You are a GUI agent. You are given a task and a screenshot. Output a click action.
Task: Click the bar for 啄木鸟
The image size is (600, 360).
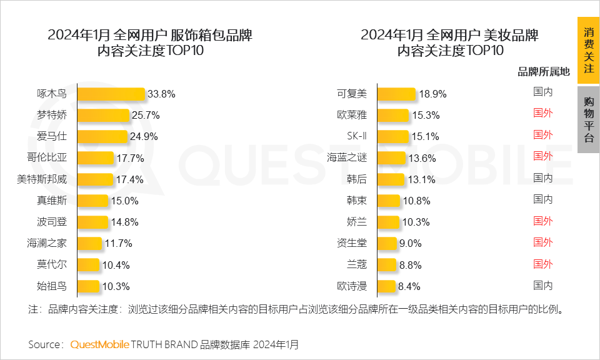[111, 94]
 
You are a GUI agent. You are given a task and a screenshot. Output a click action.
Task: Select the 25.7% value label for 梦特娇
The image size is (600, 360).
[146, 116]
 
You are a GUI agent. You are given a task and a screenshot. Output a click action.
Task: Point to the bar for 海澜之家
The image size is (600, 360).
[89, 243]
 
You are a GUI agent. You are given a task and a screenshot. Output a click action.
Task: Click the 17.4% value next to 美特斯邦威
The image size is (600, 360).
[129, 179]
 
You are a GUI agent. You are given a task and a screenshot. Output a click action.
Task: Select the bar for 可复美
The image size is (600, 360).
[396, 94]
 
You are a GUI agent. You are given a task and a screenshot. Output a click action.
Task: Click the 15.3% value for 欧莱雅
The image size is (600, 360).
[426, 116]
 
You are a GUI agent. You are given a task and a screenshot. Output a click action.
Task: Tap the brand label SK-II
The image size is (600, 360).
[357, 136]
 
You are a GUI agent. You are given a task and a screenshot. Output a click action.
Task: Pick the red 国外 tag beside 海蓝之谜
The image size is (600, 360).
[542, 156]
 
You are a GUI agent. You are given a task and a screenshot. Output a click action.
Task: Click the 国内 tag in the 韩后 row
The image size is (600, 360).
[542, 178]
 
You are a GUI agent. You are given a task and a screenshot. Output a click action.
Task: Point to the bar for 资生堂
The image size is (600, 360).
[387, 243]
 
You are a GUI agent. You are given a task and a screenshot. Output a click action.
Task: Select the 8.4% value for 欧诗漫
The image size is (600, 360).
[409, 286]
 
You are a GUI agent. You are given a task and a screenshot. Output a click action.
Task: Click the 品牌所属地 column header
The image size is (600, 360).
[544, 72]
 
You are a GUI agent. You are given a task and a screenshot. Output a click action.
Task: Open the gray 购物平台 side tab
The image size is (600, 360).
[588, 119]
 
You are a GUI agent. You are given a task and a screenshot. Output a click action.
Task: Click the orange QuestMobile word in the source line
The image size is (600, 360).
[99, 344]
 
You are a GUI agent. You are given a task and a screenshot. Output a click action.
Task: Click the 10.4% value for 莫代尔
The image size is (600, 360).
[116, 265]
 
